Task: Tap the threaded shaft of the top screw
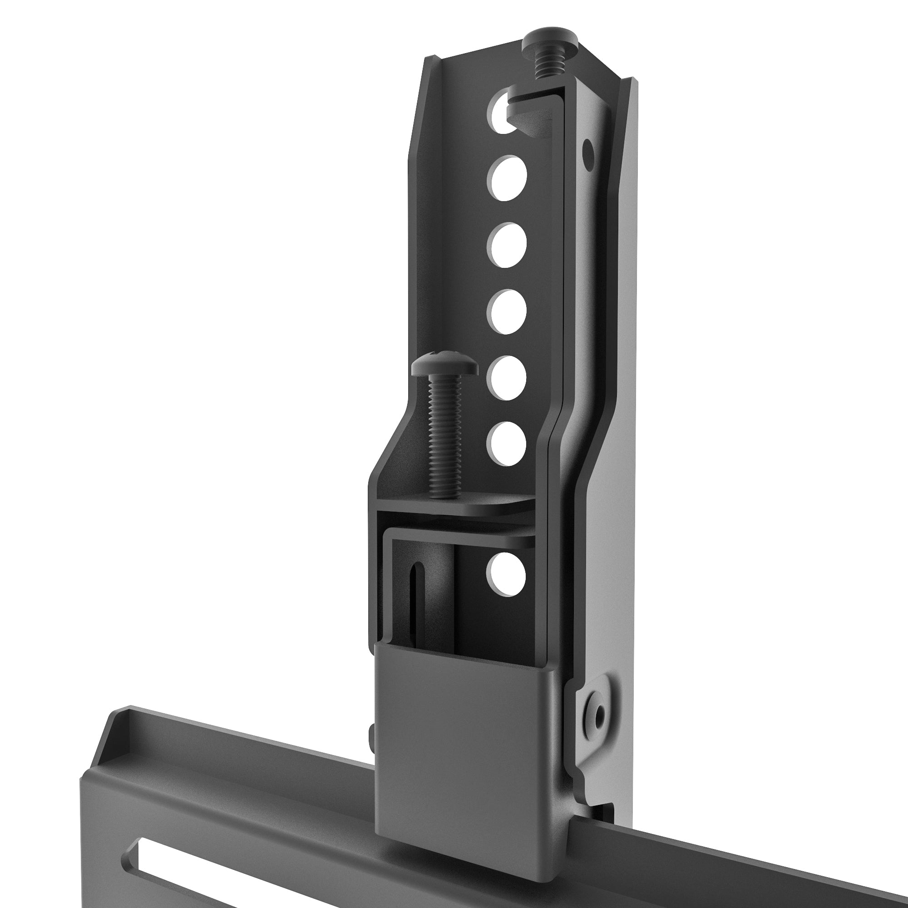[x=545, y=66]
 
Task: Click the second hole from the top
[x=507, y=179]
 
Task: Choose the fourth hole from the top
[x=507, y=312]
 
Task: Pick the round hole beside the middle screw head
[x=507, y=379]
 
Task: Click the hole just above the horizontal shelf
[x=507, y=444]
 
